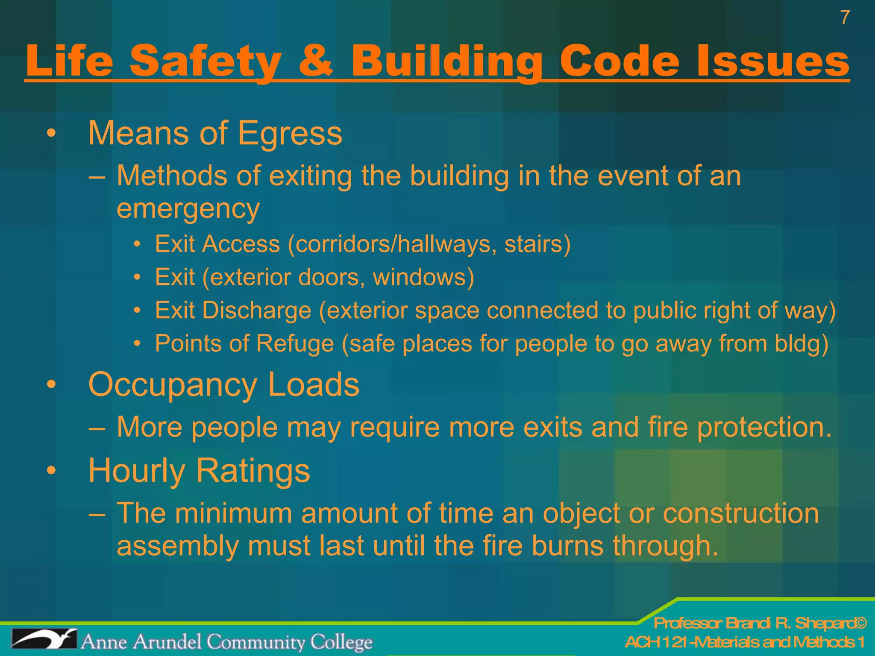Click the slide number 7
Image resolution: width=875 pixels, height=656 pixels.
(845, 18)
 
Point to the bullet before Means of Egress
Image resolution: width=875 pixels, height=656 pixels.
(51, 134)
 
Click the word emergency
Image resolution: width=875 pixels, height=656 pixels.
(188, 209)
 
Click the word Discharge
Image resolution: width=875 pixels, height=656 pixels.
(256, 310)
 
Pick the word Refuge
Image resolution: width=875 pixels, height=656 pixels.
(295, 344)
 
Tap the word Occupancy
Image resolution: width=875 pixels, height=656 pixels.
(172, 384)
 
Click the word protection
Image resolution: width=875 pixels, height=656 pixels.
(764, 427)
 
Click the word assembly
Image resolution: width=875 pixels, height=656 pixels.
(177, 547)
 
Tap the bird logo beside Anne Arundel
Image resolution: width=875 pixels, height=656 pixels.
(44, 639)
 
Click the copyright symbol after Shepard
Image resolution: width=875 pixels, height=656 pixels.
(860, 623)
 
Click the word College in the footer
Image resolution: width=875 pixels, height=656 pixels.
(341, 642)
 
